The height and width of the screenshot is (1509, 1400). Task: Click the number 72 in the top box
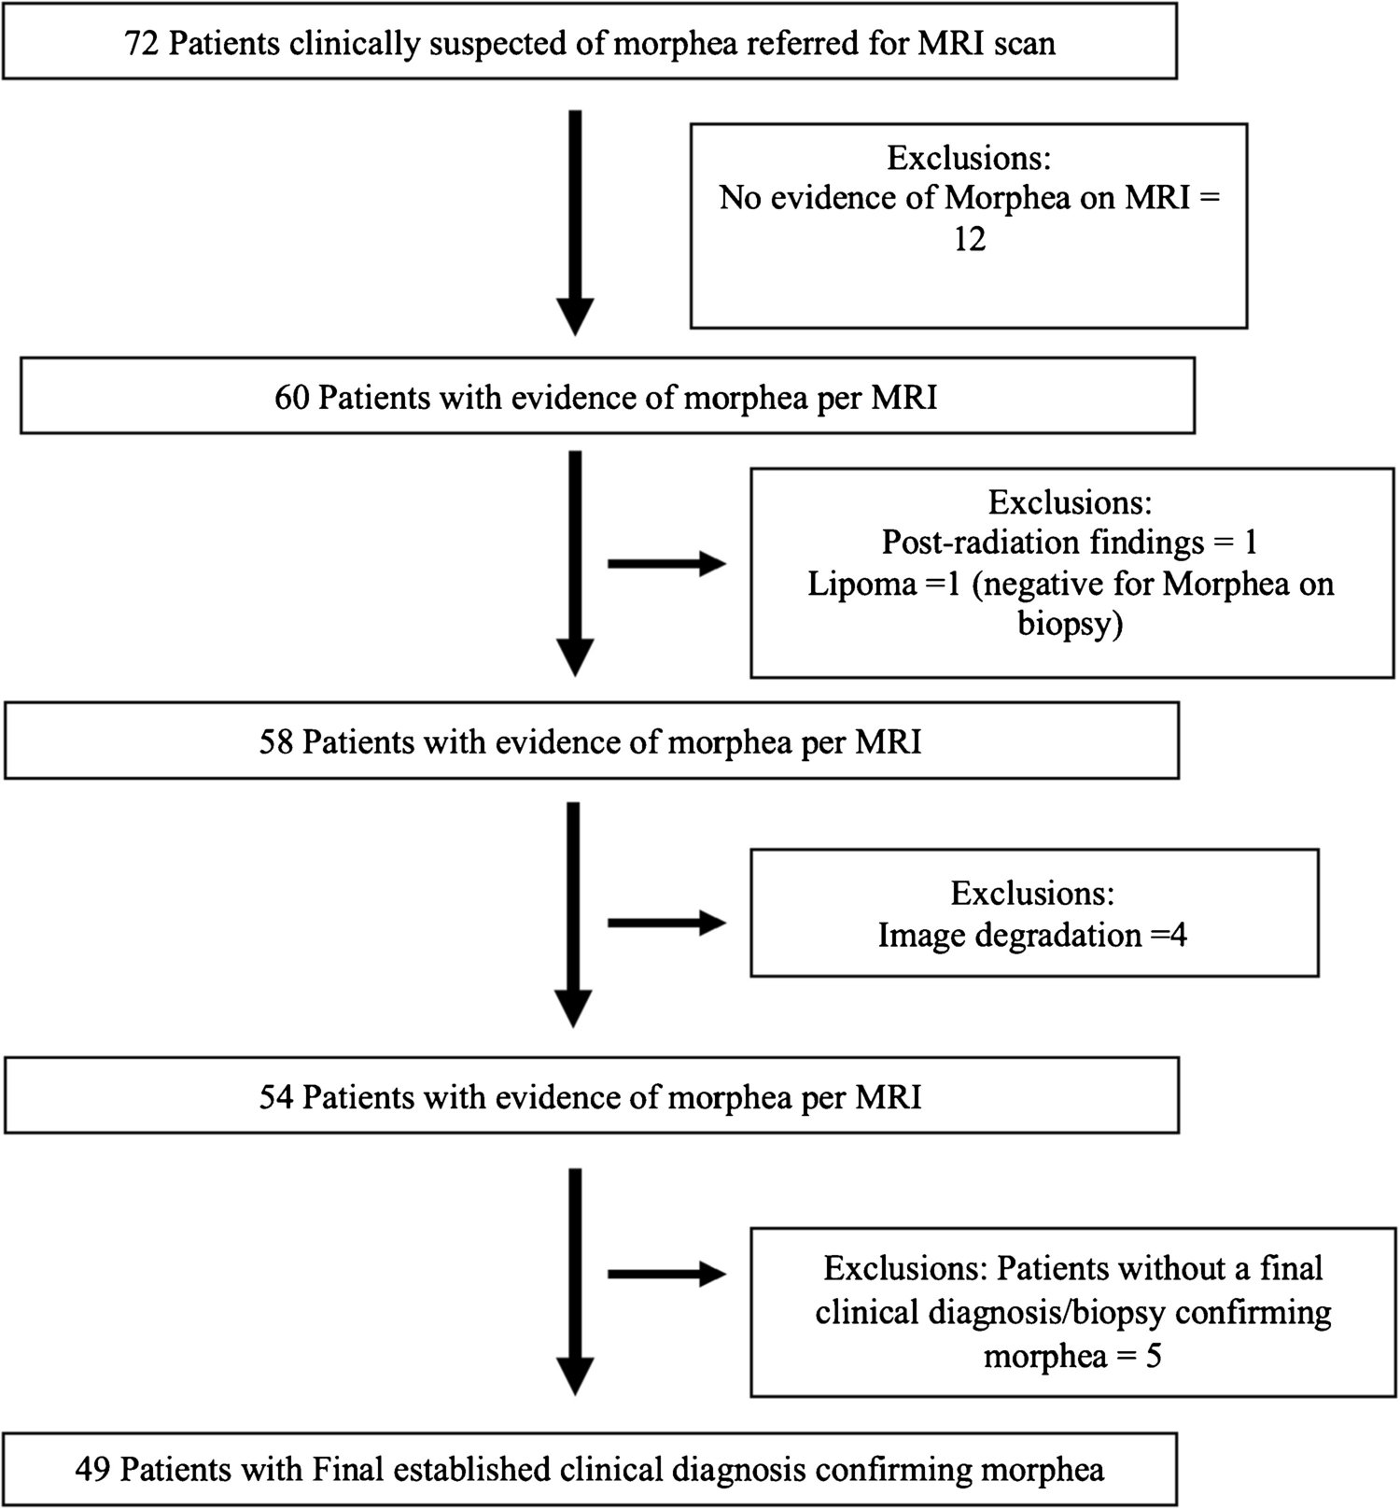(142, 43)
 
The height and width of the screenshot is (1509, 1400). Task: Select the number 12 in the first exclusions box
(969, 239)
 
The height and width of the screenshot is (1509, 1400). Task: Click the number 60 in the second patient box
(291, 397)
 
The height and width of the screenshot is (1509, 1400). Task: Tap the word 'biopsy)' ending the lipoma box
(1070, 623)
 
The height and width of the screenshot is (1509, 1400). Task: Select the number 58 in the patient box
(276, 741)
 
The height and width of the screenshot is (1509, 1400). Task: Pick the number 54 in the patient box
(276, 1096)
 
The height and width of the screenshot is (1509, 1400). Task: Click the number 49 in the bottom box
(93, 1469)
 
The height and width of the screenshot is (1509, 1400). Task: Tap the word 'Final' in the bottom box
(348, 1469)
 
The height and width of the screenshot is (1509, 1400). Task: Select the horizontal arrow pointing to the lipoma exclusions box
(666, 563)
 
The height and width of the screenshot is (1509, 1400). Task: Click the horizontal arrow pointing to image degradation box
(666, 923)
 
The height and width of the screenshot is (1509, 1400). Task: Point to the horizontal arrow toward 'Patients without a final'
(666, 1274)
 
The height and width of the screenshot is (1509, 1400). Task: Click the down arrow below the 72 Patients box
(575, 222)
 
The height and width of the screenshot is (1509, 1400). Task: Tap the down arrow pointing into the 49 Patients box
(575, 1281)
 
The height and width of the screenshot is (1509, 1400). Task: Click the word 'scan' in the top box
(1024, 43)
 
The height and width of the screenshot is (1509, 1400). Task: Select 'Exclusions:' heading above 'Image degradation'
(1032, 893)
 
